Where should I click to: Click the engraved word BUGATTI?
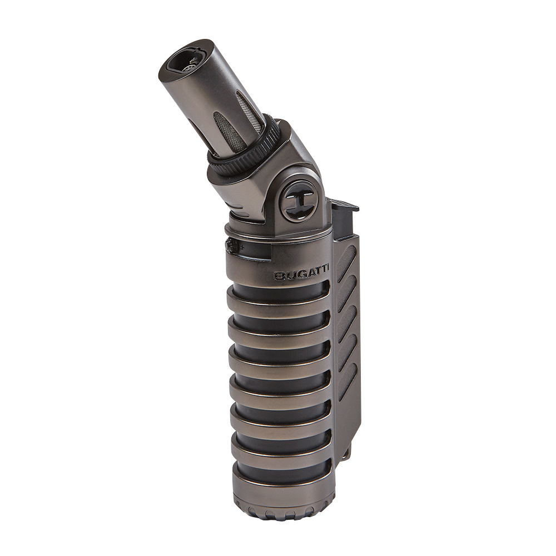click(x=301, y=276)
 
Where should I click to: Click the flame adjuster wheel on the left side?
click(x=233, y=246)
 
